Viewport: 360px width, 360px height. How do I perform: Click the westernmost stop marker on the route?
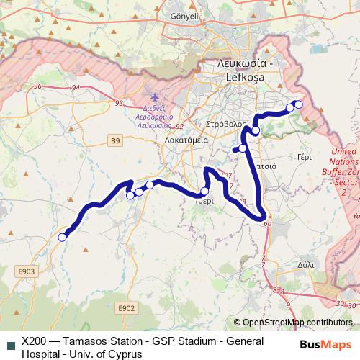tap(62, 236)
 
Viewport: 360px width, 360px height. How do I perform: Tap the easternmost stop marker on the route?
tap(299, 104)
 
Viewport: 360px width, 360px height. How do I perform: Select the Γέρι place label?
tap(304, 155)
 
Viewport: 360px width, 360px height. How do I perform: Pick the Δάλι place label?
tap(305, 264)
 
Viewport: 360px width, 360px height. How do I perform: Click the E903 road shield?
tap(27, 271)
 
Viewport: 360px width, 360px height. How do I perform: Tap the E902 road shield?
tap(126, 307)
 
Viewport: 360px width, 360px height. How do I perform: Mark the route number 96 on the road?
tap(39, 86)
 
